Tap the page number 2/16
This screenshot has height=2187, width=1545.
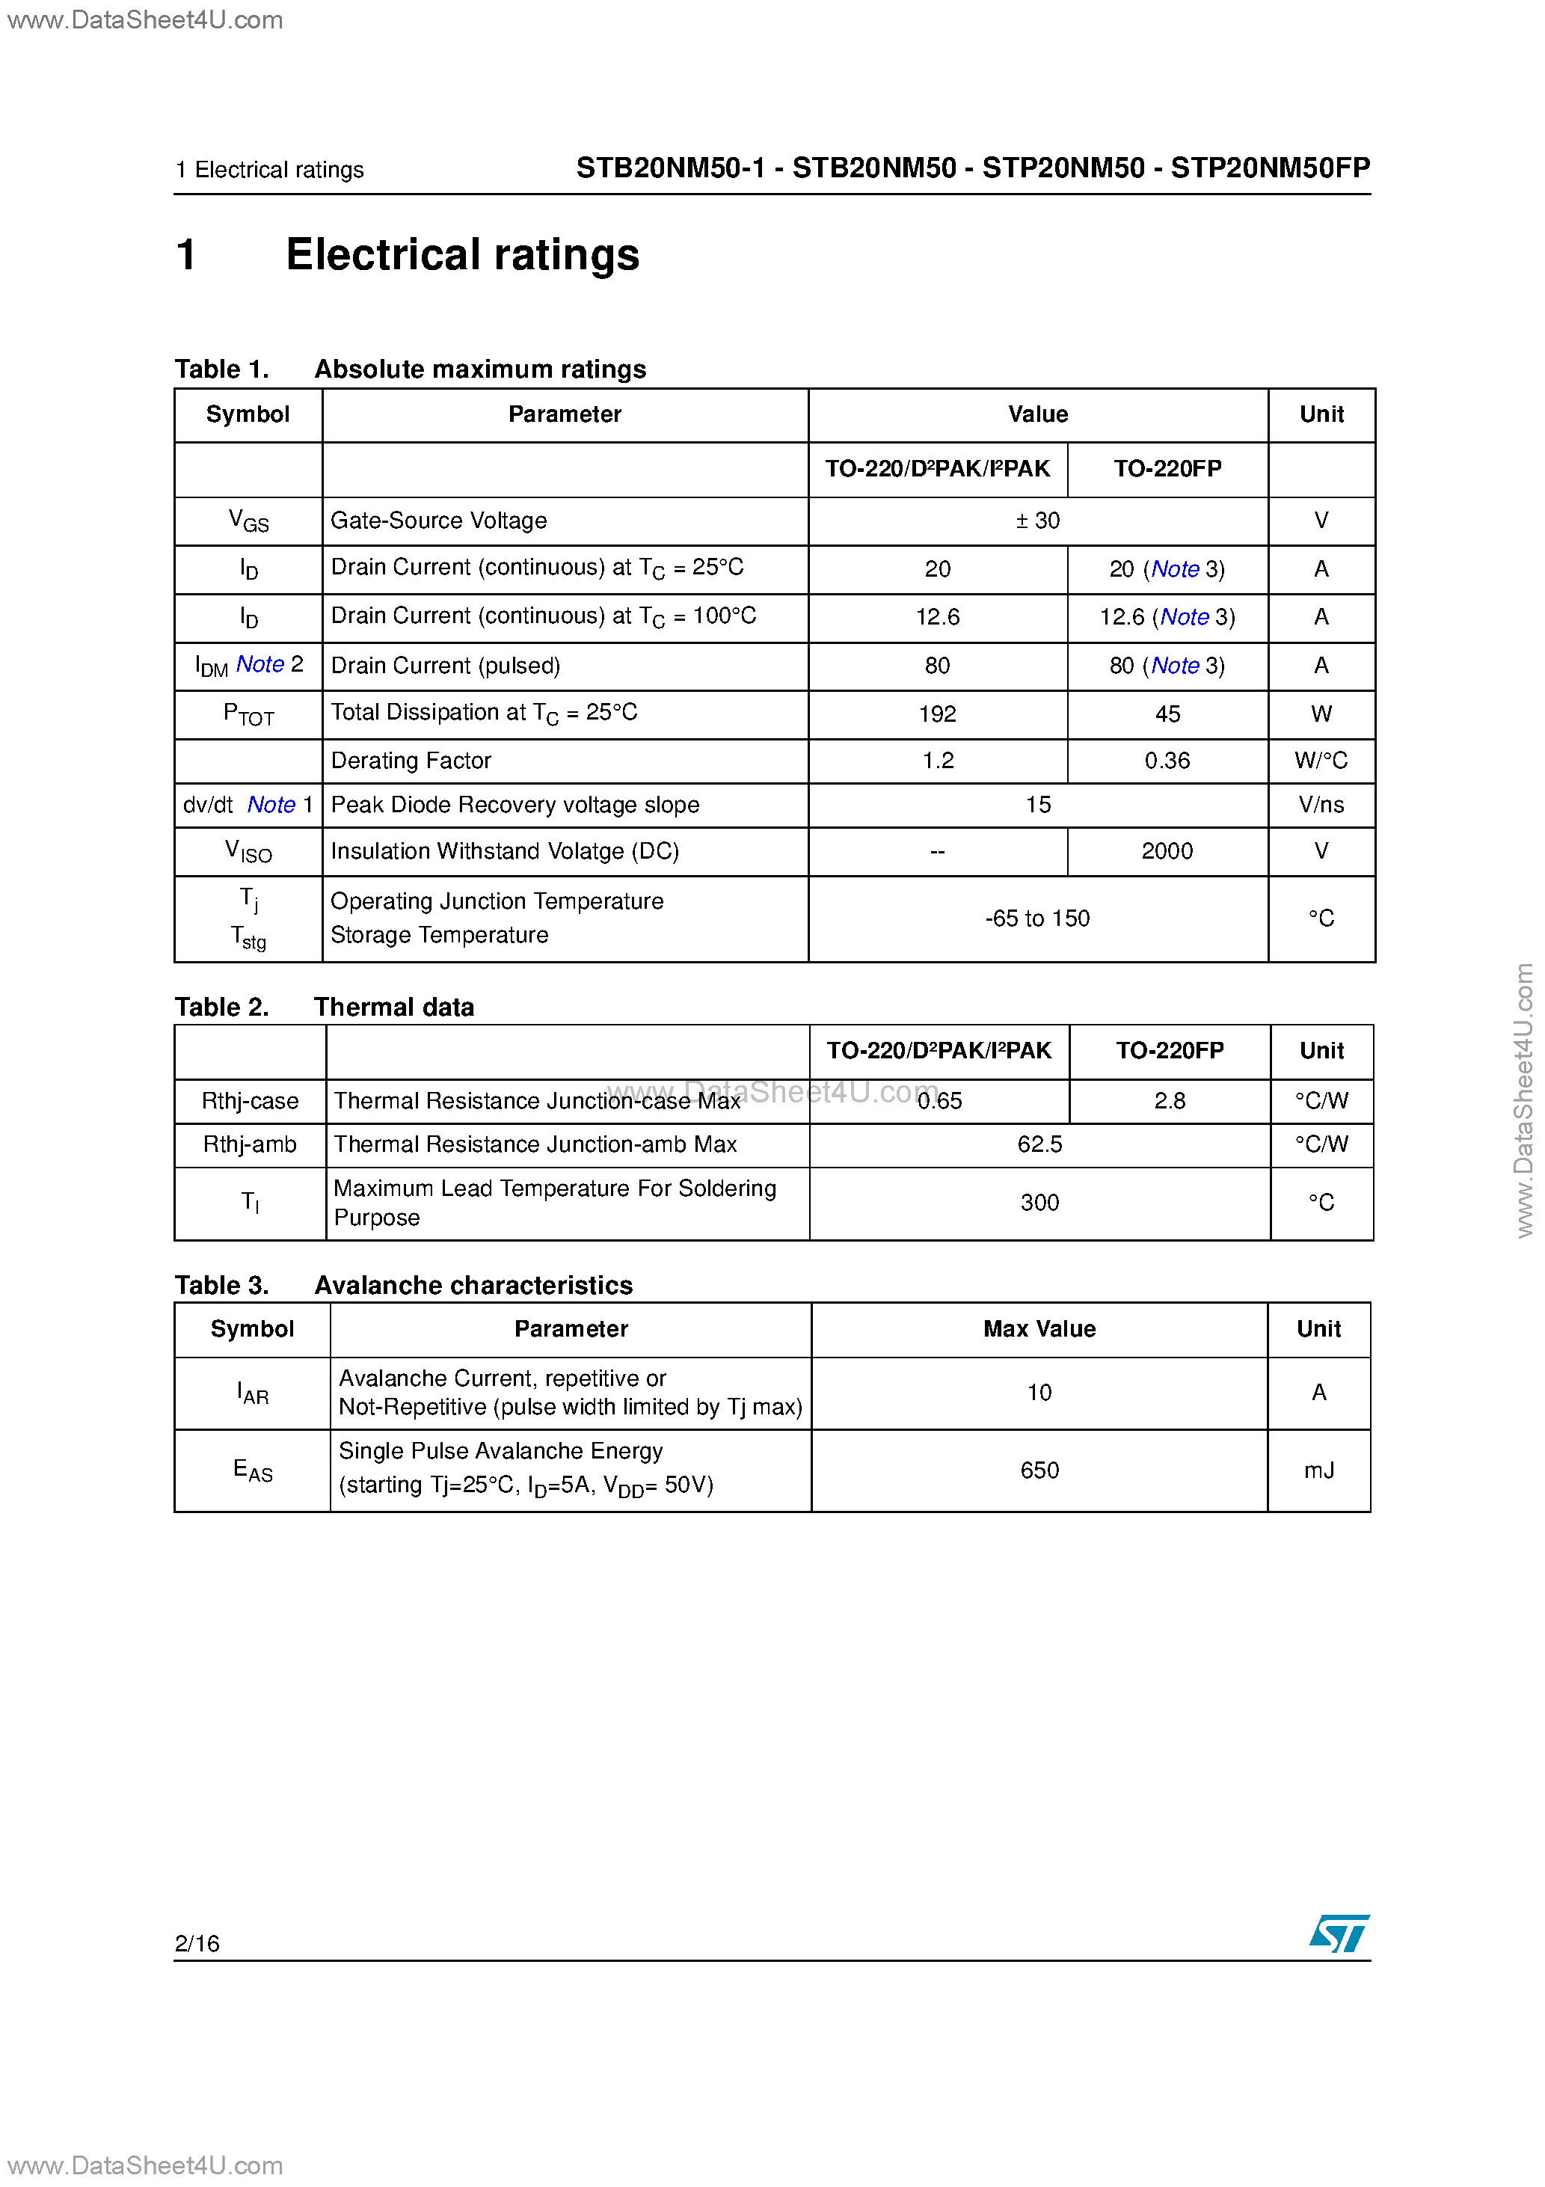point(197,1943)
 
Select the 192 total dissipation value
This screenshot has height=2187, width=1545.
point(937,714)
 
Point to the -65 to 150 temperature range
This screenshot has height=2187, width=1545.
point(1037,919)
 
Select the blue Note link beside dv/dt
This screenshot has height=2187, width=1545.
point(271,806)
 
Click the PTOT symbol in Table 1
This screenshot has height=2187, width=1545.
point(248,714)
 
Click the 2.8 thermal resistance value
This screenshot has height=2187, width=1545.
point(1169,1101)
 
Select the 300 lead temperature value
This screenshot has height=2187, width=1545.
point(1039,1203)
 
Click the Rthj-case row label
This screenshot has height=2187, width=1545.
point(250,1101)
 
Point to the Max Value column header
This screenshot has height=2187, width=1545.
point(1039,1330)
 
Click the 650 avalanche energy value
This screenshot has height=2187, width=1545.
point(1039,1470)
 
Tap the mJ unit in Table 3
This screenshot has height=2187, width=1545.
point(1318,1470)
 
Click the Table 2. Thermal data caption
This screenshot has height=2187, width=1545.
point(324,1007)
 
